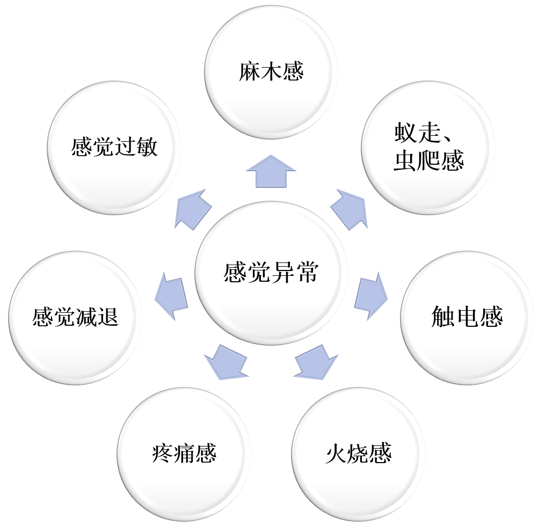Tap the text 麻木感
point(271,72)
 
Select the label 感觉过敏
point(114,146)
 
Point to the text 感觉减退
point(75,317)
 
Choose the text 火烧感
point(358,454)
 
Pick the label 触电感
point(467,317)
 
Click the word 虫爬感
point(428,161)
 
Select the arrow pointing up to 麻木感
point(271,172)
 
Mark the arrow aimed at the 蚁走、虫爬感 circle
point(349,209)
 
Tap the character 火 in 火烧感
point(337,454)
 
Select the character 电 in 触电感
point(467,317)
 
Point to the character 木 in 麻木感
point(271,72)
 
